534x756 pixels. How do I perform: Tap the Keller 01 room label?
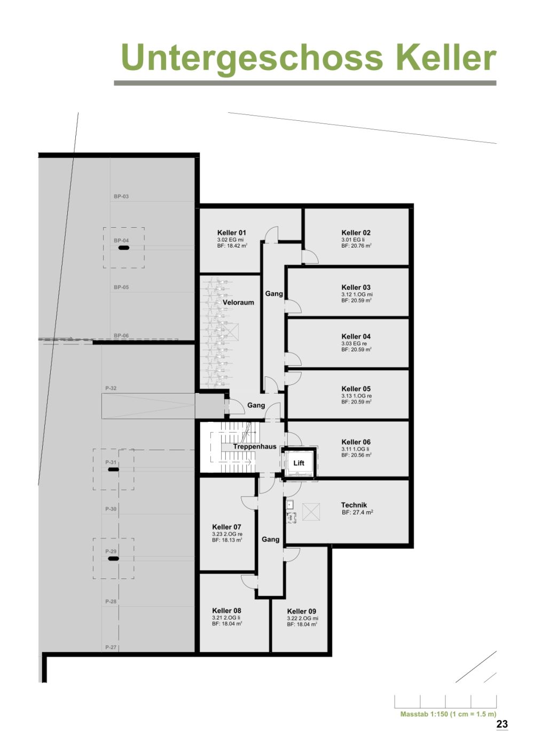pos(232,233)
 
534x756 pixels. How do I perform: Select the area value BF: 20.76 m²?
pos(356,246)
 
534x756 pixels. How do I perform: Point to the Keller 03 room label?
pos(356,287)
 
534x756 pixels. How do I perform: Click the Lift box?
pos(299,463)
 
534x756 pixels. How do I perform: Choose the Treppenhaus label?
pos(254,446)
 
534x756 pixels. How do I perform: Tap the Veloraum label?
pos(238,302)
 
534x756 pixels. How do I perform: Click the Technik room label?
pos(354,505)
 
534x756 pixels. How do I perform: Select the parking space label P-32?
pos(111,388)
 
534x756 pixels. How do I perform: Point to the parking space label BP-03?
pos(121,196)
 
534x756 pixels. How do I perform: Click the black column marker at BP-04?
pos(123,248)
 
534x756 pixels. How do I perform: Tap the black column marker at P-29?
pos(113,559)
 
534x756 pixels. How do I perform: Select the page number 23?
pos(502,724)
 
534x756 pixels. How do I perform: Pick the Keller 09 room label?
pos(301,611)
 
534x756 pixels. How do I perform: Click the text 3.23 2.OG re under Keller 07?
pos(227,534)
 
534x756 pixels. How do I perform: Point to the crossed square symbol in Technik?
pos(311,512)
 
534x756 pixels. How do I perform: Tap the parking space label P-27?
pos(111,647)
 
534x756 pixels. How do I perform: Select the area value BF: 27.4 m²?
pos(357,512)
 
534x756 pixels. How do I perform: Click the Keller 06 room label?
pos(356,442)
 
